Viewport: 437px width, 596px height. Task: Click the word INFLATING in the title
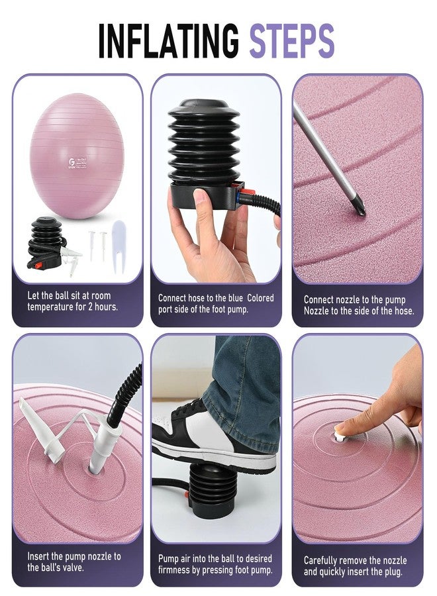click(169, 40)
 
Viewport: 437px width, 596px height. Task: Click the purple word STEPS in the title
click(291, 40)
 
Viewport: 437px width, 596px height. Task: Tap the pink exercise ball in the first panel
click(77, 156)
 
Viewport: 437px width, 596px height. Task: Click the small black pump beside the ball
click(46, 242)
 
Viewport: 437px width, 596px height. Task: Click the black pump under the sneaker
click(210, 490)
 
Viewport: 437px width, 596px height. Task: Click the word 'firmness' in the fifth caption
click(175, 570)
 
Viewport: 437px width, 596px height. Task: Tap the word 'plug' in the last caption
click(393, 571)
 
